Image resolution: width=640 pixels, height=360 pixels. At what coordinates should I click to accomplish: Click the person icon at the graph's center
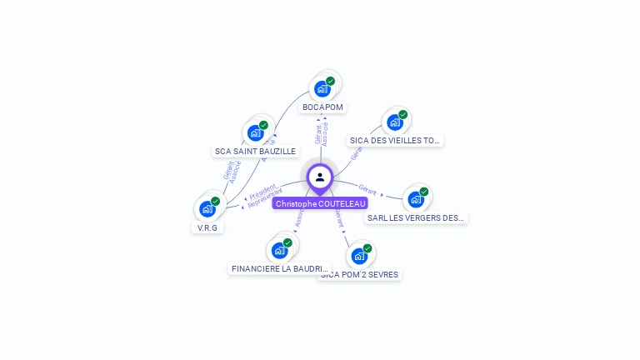[x=320, y=177]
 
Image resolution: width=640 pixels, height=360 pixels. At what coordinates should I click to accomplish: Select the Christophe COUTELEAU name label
[x=320, y=203]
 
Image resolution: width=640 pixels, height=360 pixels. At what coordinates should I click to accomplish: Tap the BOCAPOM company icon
[x=322, y=88]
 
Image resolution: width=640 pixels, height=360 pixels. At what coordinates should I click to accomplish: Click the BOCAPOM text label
[x=322, y=107]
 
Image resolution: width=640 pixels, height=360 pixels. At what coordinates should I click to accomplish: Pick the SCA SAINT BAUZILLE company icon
[x=256, y=132]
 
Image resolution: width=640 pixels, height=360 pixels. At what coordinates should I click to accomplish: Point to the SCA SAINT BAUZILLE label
[x=255, y=152]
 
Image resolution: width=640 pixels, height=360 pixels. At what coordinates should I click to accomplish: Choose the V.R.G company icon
[x=207, y=208]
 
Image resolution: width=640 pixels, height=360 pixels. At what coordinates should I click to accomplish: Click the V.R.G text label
[x=207, y=227]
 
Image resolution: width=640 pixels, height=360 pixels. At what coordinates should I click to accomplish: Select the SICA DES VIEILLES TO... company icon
[x=395, y=122]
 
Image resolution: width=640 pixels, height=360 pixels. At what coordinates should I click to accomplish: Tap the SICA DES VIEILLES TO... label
[x=395, y=141]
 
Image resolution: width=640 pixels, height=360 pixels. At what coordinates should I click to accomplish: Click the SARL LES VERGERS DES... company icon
[x=416, y=199]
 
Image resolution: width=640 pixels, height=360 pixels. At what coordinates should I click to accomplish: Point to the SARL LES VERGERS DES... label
[x=417, y=218]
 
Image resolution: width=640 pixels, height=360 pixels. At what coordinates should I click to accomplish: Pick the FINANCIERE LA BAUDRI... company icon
[x=279, y=250]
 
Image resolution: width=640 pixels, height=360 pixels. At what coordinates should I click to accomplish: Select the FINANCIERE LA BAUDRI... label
[x=280, y=269]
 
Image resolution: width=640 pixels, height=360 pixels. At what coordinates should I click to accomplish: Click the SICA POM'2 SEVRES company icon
[x=359, y=255]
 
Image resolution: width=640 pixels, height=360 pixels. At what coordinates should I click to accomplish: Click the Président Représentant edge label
[x=264, y=197]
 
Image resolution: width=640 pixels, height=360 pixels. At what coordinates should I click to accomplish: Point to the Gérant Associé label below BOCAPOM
[x=322, y=133]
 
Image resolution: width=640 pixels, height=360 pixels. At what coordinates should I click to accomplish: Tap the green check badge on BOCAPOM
[x=330, y=82]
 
